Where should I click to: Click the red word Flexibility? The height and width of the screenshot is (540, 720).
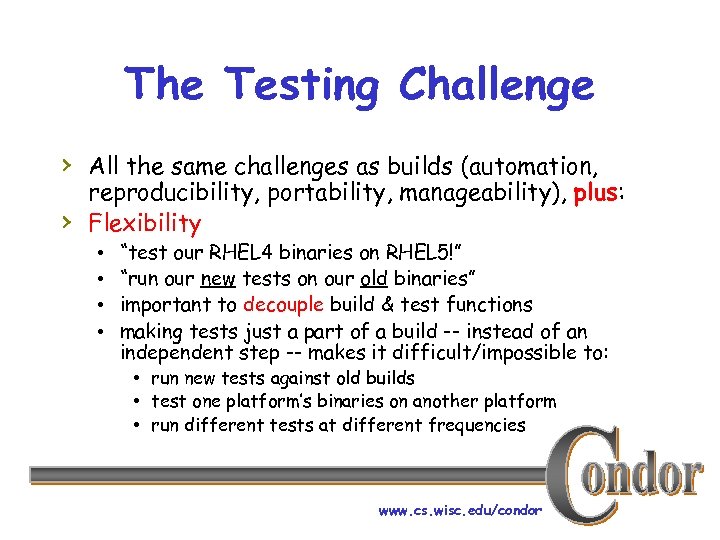click(x=145, y=222)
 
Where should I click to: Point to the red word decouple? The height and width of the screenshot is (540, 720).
click(x=286, y=304)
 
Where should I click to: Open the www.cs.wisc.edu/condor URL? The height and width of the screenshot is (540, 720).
click(x=460, y=510)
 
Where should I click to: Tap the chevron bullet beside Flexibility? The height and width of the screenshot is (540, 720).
click(x=66, y=222)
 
